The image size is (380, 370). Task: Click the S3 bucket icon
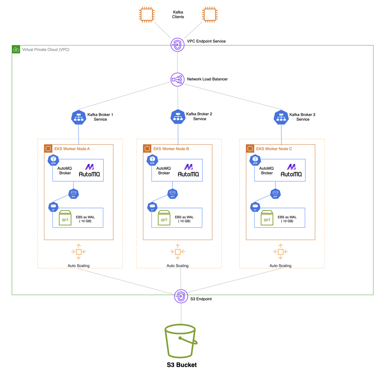180,341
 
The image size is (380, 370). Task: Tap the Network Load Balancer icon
178,80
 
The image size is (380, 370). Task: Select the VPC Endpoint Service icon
178,45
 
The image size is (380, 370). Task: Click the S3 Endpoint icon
181,296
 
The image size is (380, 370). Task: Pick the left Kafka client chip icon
147,15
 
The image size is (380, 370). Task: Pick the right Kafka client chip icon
210,15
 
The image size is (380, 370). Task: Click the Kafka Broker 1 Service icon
79,117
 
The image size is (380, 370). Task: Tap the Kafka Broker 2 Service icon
178,117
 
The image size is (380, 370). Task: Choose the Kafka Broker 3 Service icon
281,117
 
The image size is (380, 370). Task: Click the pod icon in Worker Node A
53,160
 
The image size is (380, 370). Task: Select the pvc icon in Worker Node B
172,194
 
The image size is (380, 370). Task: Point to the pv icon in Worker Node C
255,207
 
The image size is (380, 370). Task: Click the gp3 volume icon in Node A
65,218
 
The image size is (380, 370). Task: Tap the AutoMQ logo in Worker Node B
188,171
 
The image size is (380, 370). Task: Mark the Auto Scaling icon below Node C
281,252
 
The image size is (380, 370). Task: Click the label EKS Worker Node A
72,149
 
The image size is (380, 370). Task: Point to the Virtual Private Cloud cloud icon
16,50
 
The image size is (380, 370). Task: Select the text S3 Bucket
182,365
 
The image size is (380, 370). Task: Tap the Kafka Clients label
178,15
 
